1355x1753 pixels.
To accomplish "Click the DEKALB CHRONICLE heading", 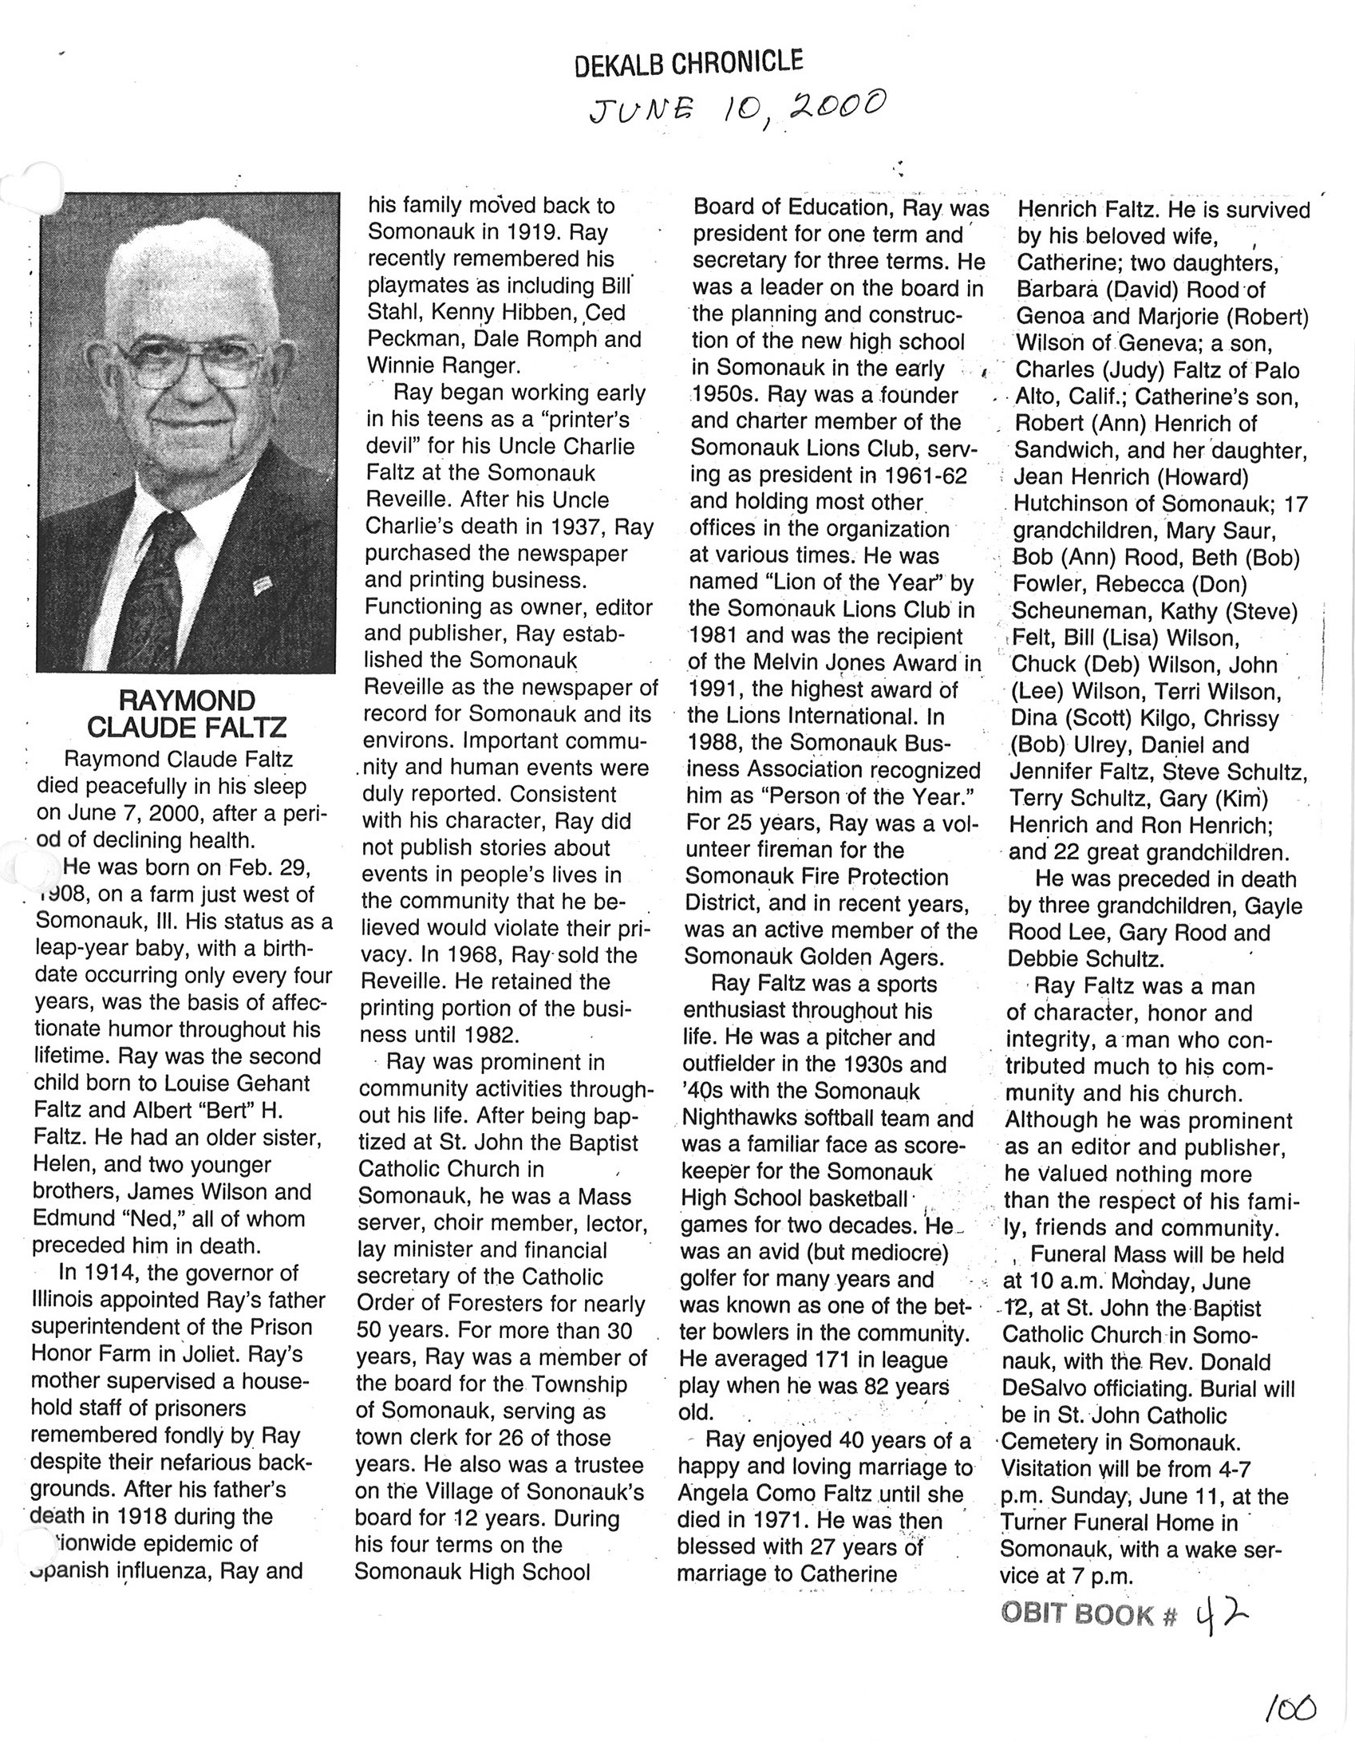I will [x=689, y=63].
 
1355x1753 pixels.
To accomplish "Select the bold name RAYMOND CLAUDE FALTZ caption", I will [x=186, y=713].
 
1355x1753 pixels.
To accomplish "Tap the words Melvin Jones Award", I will [x=832, y=663].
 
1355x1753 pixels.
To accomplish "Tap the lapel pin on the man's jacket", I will [x=263, y=586].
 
